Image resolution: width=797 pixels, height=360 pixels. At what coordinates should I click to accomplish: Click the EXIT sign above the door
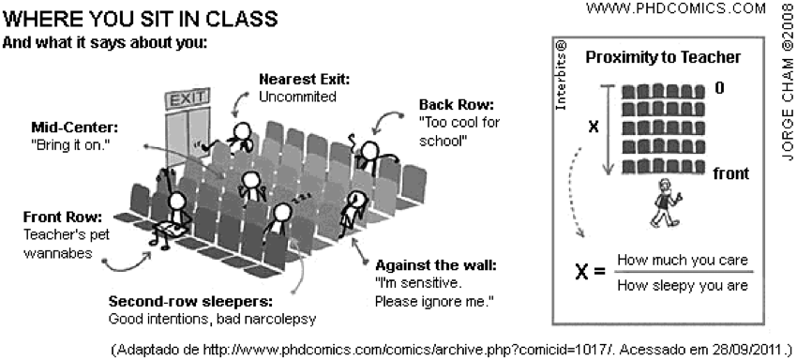pos(187,99)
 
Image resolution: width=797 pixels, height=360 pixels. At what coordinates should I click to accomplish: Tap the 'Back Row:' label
pos(457,105)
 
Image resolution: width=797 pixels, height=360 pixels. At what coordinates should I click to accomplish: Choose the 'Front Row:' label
pos(63,217)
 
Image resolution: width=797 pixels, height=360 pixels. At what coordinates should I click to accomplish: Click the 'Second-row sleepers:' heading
pos(190,302)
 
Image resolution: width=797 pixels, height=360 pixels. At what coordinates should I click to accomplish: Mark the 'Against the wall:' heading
pos(435,265)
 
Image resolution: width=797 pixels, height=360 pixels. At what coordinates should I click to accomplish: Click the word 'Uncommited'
pos(297,97)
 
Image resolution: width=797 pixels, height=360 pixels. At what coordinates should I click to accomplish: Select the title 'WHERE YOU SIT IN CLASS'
pos(141,20)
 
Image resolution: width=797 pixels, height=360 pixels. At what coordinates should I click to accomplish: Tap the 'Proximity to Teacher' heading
pos(663,57)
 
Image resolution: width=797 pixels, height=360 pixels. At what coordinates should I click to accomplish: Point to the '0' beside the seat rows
pos(719,88)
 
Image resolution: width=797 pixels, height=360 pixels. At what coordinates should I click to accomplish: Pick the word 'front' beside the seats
pos(731,173)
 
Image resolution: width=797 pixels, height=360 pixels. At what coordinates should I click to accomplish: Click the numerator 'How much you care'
pos(683,261)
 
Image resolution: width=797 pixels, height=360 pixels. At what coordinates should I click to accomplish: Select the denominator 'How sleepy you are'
pos(683,286)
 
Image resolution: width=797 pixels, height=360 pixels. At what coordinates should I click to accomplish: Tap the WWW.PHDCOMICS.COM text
pos(675,8)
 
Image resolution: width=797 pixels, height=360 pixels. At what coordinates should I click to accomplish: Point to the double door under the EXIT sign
pos(188,136)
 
